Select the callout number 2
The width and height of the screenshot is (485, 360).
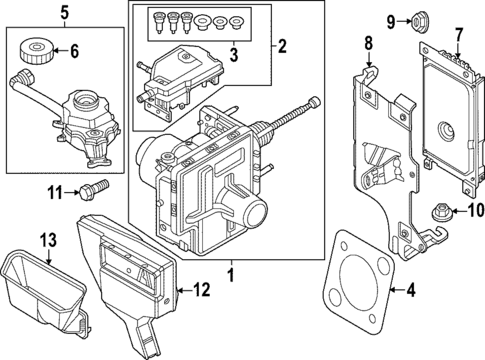tap(283, 45)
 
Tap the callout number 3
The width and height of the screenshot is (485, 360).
tap(234, 53)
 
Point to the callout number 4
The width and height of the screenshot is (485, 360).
tap(408, 291)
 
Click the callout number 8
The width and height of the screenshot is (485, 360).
tap(367, 43)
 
